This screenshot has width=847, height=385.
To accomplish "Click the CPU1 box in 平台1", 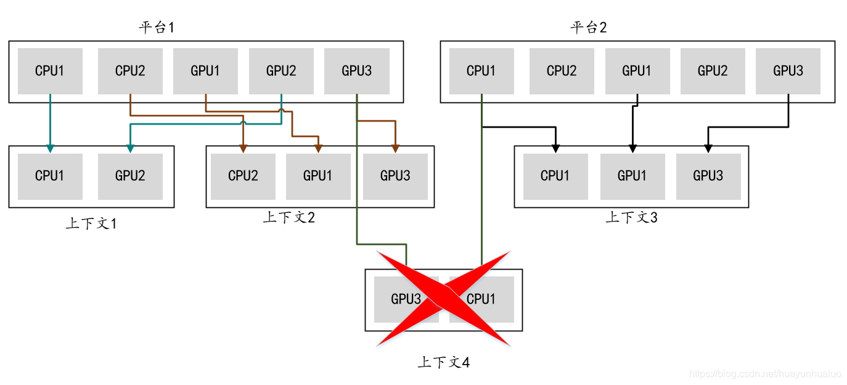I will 50,71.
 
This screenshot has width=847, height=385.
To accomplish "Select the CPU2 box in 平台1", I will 130,71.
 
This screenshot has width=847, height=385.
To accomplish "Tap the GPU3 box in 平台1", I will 356,71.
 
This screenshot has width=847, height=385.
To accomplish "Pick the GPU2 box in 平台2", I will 712,71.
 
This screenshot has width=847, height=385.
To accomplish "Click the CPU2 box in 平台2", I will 562,71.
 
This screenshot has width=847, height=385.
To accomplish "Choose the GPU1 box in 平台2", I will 637,71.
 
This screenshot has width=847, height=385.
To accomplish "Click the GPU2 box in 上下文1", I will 130,176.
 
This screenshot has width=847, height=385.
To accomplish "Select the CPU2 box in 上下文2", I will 243,176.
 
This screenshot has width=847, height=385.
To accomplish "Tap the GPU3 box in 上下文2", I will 395,176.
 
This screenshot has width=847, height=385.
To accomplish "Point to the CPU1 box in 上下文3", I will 555,176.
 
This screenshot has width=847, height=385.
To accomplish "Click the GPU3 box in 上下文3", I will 708,176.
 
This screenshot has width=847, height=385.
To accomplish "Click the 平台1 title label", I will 157,28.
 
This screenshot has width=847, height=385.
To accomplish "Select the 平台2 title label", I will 588,28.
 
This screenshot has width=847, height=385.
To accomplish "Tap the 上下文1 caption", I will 91,223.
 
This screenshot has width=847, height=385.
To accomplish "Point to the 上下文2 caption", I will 288,217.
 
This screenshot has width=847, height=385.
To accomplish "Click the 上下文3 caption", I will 631,217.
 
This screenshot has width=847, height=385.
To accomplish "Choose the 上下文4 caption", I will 443,362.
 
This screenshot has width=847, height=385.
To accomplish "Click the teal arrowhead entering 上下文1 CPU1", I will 50,149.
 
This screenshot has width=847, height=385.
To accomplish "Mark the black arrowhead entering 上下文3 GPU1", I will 632,149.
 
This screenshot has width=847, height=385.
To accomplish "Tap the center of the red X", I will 444,299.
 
